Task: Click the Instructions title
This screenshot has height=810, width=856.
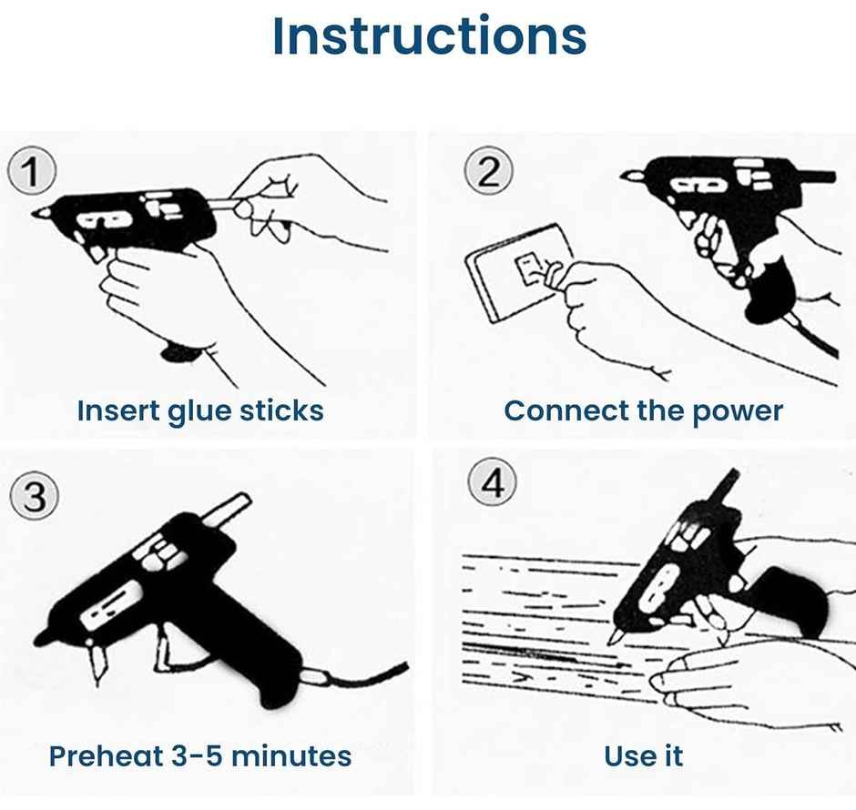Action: (x=429, y=36)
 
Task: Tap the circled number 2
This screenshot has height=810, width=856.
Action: (x=489, y=171)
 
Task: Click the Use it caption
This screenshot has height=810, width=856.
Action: (x=643, y=755)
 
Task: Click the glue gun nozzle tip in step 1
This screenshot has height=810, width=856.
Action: (x=38, y=213)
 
